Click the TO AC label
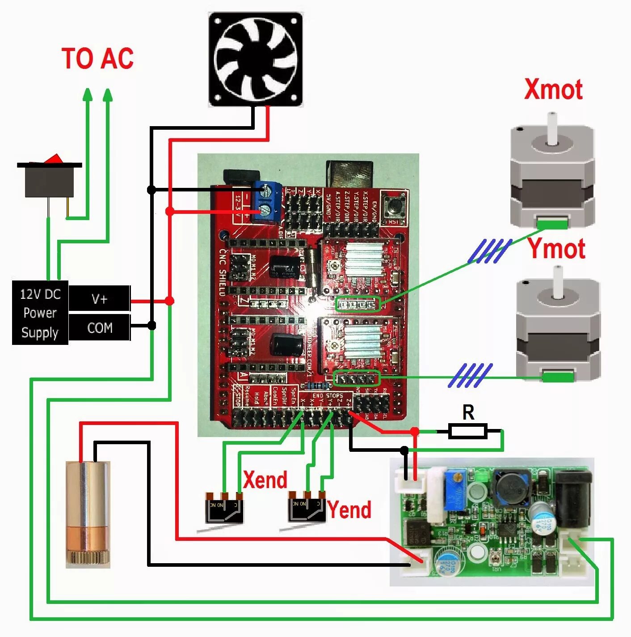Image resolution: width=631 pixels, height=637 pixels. pos(97,59)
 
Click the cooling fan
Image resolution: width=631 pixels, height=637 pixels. pos(256,59)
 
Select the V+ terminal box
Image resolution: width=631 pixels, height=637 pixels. pos(99,298)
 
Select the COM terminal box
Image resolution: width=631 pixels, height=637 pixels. pos(99,327)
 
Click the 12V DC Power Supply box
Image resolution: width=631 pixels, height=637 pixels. pos(40,313)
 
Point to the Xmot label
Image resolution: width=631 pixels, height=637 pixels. pos(553,89)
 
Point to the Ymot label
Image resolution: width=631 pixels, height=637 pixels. pos(557,249)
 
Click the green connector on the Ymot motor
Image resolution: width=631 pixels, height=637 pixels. pos(558,377)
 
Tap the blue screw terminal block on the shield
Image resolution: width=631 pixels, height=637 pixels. pos(267,201)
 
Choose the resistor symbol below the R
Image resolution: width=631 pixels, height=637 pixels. pos(468,431)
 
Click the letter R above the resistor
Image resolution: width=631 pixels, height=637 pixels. pos(468,412)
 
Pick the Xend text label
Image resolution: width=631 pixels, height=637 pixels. pos(265,480)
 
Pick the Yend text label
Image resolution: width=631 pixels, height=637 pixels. pos(349,510)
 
